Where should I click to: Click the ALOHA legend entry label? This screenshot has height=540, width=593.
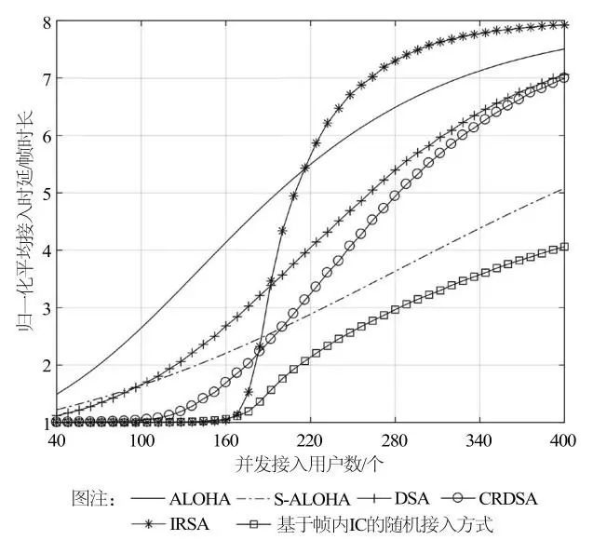[196, 498]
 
